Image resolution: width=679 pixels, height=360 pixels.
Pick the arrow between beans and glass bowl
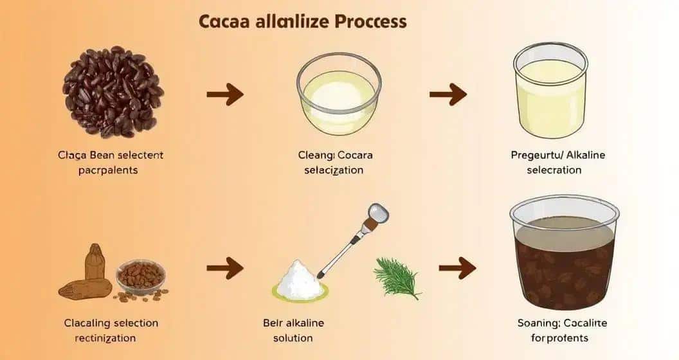point(225,94)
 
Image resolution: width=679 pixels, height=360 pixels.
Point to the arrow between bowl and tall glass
point(448,94)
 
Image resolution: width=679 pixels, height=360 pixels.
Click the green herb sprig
point(397,278)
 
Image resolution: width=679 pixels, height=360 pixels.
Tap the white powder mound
point(301,280)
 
